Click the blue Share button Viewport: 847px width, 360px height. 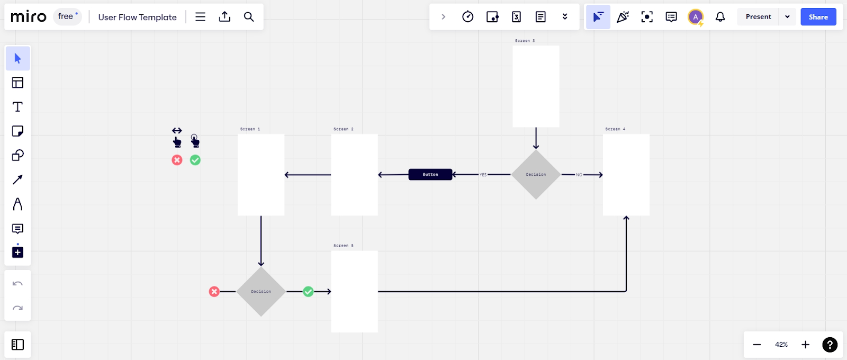pos(818,17)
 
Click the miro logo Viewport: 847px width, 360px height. pos(29,17)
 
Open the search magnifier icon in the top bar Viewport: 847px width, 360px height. pos(249,17)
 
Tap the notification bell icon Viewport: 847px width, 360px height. pos(720,17)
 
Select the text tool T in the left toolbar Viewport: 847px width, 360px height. pos(17,107)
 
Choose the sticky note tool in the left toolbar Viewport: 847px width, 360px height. pos(17,131)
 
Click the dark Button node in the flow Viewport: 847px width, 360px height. pos(430,175)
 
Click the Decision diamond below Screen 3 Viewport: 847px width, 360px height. pos(536,175)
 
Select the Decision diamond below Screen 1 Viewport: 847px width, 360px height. pos(261,292)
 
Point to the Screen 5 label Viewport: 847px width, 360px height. pos(344,246)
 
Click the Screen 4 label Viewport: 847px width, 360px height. pos(615,129)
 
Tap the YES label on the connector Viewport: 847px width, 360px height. pos(483,175)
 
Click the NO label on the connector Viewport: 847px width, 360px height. pos(579,175)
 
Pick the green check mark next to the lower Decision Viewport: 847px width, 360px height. pos(308,292)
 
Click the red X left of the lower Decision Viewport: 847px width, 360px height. pos(214,292)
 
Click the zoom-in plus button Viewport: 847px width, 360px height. pos(805,345)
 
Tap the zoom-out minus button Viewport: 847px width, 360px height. pos(757,345)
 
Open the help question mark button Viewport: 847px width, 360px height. pos(830,345)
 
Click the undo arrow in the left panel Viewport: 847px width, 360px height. pos(17,284)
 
